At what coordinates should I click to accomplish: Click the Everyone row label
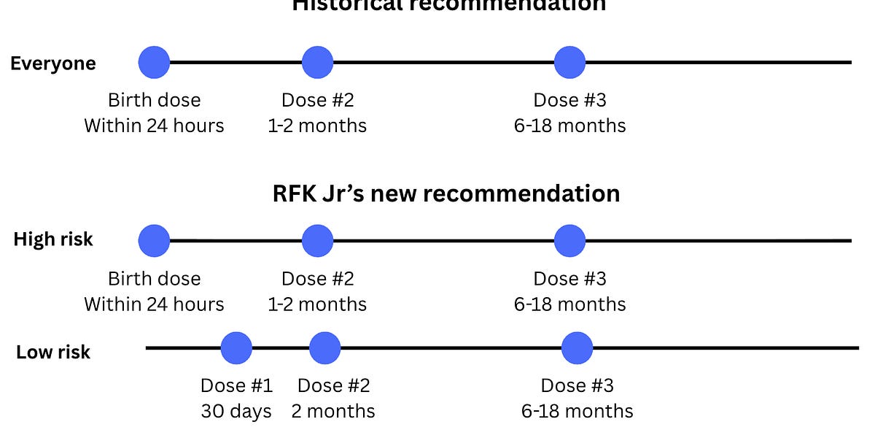click(x=52, y=64)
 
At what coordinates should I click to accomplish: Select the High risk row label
click(x=53, y=239)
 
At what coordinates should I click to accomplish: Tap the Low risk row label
click(x=53, y=352)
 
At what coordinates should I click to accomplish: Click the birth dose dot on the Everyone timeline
click(x=154, y=62)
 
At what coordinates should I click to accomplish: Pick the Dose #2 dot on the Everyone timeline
click(x=317, y=62)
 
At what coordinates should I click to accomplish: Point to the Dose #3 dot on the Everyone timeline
click(x=569, y=62)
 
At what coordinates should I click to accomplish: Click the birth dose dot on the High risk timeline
click(x=154, y=241)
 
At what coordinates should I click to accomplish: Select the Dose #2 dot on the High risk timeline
click(x=317, y=241)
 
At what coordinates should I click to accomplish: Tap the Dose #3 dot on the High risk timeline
click(x=569, y=241)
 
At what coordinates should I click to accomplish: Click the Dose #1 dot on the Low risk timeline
click(x=236, y=348)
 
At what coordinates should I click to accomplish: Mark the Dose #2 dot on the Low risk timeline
click(x=324, y=348)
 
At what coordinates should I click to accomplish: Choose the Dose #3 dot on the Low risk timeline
click(x=577, y=348)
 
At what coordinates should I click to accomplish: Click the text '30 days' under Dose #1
click(x=236, y=411)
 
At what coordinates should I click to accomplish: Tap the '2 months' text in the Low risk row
click(x=333, y=411)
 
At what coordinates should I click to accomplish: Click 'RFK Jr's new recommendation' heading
click(x=446, y=193)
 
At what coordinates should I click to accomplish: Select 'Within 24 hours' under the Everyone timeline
click(x=154, y=126)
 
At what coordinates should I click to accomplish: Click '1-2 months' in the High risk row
click(x=317, y=304)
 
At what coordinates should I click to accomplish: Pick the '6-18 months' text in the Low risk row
click(x=577, y=411)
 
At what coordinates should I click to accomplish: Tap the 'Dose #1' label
click(x=236, y=385)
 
